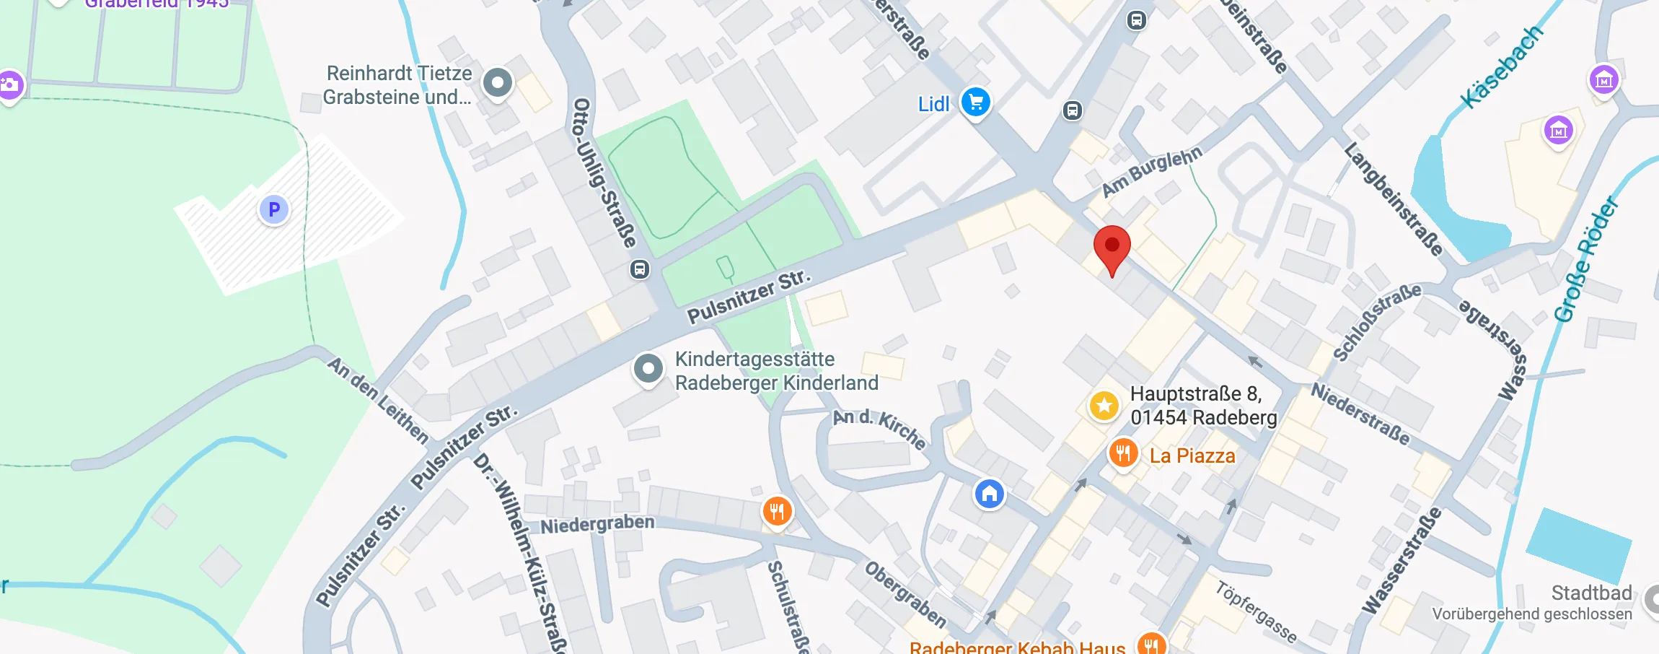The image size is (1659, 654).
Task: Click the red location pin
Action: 1112,246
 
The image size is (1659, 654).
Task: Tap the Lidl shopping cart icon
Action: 975,103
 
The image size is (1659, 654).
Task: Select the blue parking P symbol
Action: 274,209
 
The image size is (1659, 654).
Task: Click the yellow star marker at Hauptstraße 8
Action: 1104,406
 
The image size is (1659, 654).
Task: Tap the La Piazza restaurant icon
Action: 1123,454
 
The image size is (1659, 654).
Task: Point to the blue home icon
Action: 990,494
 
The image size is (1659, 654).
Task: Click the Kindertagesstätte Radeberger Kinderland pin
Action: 648,369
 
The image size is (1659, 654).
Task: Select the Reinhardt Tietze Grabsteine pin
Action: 497,83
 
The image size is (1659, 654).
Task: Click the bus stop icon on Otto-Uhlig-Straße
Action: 639,270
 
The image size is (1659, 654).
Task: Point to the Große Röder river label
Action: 1586,260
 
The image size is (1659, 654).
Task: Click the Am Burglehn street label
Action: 1152,171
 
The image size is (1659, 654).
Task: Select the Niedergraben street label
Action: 597,524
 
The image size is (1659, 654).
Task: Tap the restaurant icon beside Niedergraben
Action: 777,513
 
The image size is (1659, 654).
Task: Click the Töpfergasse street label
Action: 1256,611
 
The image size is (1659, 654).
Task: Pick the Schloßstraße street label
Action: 1376,321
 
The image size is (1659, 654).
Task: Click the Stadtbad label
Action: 1591,593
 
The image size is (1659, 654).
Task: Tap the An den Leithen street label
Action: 379,400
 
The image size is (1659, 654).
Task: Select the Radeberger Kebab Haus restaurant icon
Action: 1150,644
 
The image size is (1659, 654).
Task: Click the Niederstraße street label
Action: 1360,414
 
